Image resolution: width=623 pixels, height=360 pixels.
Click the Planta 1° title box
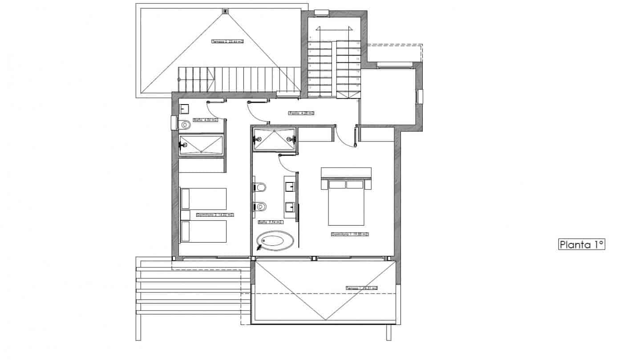581,244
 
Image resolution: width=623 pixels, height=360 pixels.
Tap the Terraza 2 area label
227,41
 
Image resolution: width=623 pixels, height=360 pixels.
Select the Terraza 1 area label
361,288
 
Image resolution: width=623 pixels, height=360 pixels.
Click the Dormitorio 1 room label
350,234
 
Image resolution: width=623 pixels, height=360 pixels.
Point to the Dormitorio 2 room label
214,214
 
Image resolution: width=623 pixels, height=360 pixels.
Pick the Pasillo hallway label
301,113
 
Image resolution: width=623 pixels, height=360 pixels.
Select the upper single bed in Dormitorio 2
203,198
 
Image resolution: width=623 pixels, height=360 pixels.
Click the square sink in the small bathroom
185,108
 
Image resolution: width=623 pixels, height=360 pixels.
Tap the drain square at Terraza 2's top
226,11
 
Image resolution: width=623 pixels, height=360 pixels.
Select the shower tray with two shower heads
274,139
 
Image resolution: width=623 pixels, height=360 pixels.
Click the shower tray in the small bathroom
201,144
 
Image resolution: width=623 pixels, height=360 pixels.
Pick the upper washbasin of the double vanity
290,186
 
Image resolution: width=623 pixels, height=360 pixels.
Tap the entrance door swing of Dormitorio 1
345,136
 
